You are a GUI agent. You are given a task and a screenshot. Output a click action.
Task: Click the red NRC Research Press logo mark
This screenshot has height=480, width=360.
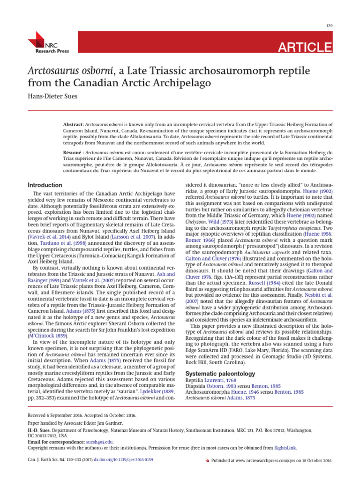click(x=36, y=38)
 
